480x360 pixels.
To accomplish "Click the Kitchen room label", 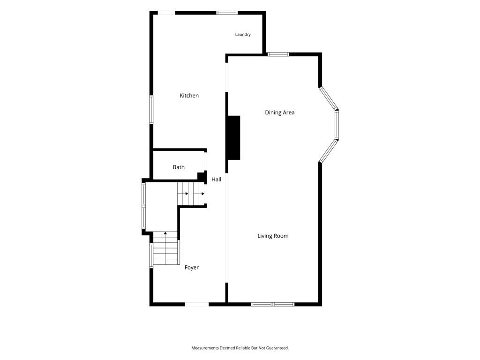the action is click(x=189, y=96).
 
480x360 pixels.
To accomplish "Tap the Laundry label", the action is click(x=243, y=35).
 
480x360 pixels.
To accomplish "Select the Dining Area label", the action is click(x=280, y=112).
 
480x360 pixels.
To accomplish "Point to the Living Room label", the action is click(x=273, y=236).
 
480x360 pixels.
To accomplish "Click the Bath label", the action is click(x=179, y=167).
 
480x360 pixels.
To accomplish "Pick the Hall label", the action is click(x=216, y=180).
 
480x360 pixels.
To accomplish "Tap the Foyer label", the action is click(x=192, y=268).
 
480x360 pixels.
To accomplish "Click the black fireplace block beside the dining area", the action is click(x=233, y=138).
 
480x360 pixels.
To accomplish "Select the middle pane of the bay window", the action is click(x=337, y=125).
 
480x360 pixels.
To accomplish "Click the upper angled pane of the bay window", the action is click(x=328, y=98).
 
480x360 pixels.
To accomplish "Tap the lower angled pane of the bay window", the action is click(x=328, y=151).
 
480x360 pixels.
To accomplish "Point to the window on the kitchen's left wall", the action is click(x=151, y=110).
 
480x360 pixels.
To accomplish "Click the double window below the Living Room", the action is click(x=273, y=304).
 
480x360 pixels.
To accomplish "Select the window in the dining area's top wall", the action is click(x=278, y=54).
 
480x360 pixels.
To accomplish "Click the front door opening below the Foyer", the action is click(x=197, y=304).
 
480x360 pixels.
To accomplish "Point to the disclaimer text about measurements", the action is click(x=240, y=348).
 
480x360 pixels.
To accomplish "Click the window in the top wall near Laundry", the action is click(x=227, y=13).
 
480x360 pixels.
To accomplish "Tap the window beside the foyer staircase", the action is click(x=151, y=255).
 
